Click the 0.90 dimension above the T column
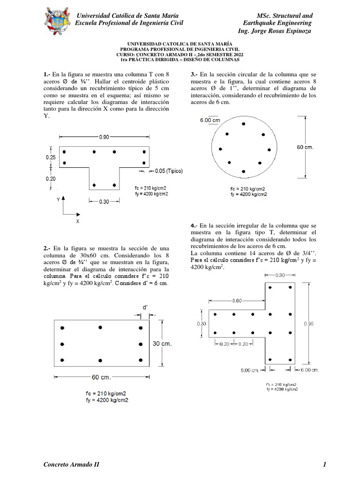click(105, 137)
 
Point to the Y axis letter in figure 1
click(58, 199)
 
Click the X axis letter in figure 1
click(77, 220)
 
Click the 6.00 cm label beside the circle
click(210, 120)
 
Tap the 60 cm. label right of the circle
click(305, 147)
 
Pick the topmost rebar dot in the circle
click(243, 124)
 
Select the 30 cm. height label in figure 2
click(162, 344)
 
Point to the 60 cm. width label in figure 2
click(101, 377)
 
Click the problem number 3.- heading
click(195, 75)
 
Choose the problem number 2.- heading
click(47, 248)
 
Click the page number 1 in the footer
click(324, 465)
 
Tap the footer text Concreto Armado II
click(71, 465)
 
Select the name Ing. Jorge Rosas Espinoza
click(275, 31)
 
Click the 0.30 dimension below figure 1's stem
click(105, 202)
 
